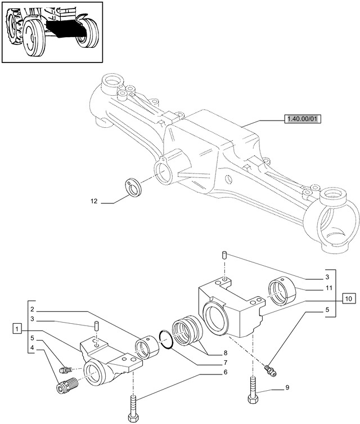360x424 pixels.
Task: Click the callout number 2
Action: pos(33,310)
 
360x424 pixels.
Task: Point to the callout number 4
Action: pos(33,347)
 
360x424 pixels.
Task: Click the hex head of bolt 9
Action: pos(251,400)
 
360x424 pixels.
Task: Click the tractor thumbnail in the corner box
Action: pos(53,32)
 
